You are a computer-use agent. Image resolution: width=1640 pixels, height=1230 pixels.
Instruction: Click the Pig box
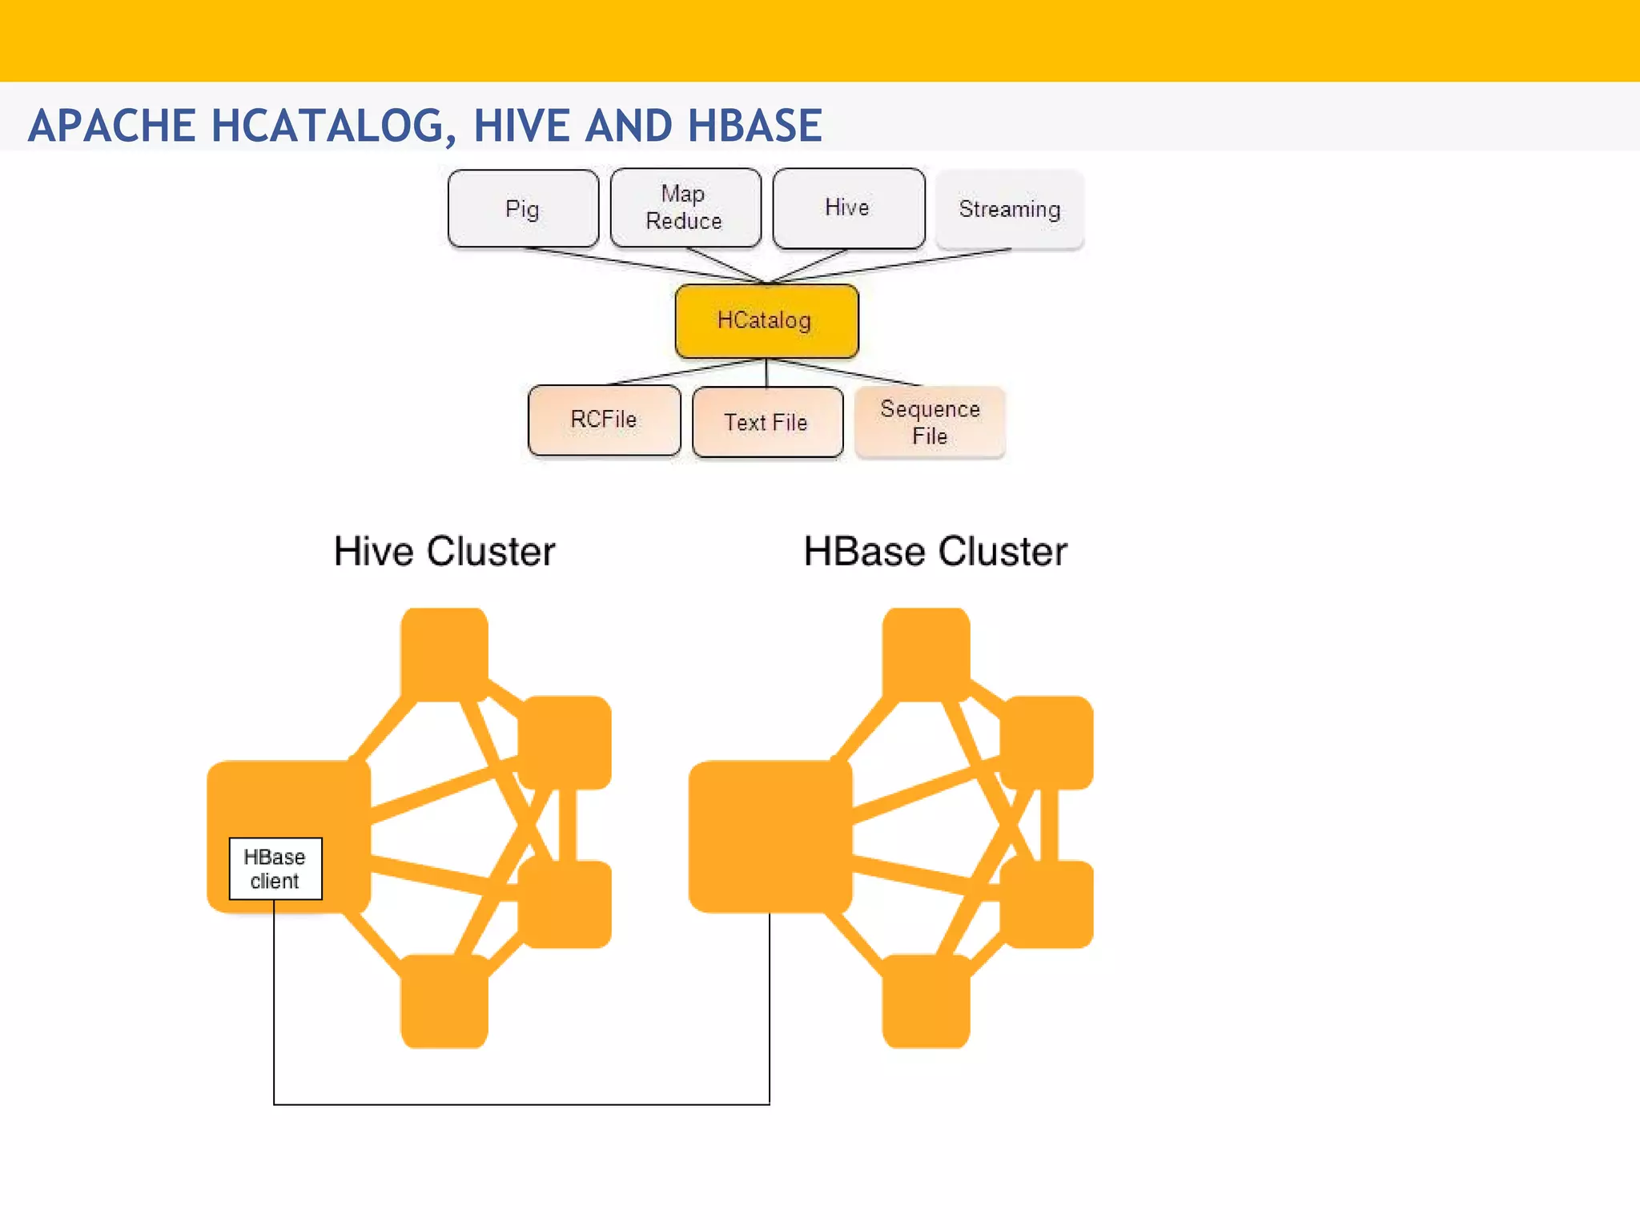tap(523, 209)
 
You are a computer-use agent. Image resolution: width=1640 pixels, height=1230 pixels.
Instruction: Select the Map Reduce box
tap(685, 207)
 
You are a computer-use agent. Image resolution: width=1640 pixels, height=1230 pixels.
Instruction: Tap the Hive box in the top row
tap(848, 207)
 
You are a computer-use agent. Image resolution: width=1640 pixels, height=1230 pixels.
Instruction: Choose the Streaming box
tap(1009, 209)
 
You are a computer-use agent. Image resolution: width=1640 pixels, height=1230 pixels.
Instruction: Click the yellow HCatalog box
tap(766, 320)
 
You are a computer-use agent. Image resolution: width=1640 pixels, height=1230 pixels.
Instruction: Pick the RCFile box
tap(604, 420)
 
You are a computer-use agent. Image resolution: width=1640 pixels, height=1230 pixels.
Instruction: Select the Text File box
tap(766, 422)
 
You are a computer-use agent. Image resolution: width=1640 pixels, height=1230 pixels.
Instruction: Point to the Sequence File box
tap(930, 422)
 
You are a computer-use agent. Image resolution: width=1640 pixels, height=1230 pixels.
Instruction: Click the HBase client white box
tap(275, 869)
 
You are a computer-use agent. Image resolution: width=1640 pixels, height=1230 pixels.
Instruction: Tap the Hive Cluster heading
tap(444, 552)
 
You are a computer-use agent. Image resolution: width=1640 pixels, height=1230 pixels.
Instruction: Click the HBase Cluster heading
tap(935, 552)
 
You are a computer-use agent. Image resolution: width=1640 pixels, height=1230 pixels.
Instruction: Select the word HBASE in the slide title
tap(754, 126)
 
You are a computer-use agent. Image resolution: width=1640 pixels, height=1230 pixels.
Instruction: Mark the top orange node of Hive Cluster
tap(444, 653)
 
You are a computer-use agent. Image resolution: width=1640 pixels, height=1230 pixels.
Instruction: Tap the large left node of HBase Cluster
tap(770, 836)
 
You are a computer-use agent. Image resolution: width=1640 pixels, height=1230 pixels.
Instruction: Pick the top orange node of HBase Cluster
tap(927, 653)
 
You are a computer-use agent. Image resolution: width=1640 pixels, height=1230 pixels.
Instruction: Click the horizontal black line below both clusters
tap(521, 1104)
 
